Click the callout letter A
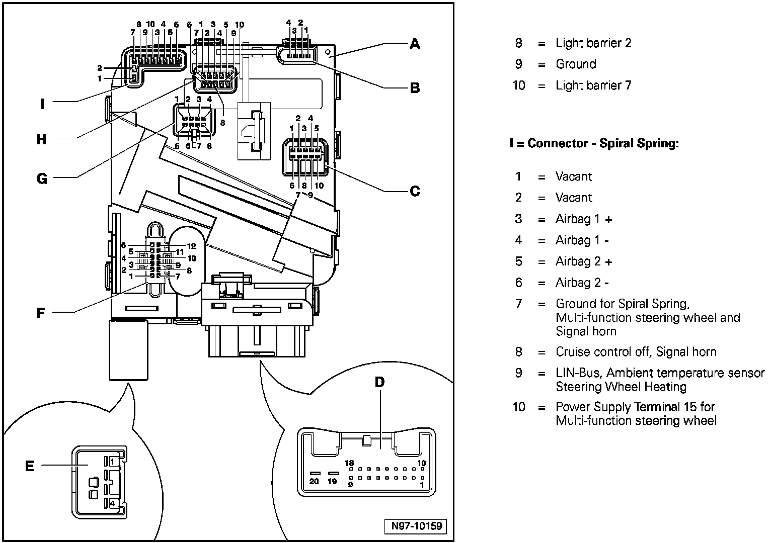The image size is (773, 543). click(x=414, y=44)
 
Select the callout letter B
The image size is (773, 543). click(x=414, y=88)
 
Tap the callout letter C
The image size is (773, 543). click(x=414, y=191)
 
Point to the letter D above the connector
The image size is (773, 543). click(x=379, y=382)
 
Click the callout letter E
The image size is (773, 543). click(x=30, y=466)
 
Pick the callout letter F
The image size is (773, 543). click(x=41, y=313)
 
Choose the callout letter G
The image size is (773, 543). click(x=42, y=178)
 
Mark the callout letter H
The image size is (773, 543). click(x=42, y=139)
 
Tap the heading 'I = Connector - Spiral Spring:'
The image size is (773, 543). click(x=594, y=143)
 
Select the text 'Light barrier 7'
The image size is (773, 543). click(x=593, y=85)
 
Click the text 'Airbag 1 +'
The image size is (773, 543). click(x=584, y=219)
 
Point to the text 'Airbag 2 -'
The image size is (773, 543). click(x=582, y=283)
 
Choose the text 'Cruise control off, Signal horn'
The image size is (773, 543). click(x=636, y=352)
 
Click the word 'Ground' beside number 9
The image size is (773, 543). click(x=576, y=64)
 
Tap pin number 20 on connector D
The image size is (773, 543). click(x=315, y=481)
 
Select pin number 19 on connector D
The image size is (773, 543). click(x=332, y=481)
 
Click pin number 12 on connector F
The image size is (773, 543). click(x=191, y=246)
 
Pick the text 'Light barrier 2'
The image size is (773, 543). click(x=593, y=43)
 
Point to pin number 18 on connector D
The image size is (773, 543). click(x=350, y=463)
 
